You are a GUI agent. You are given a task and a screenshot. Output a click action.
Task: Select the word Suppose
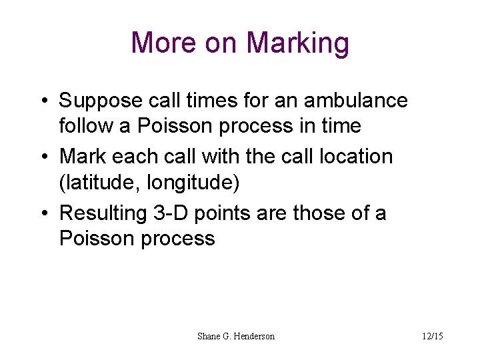click(101, 101)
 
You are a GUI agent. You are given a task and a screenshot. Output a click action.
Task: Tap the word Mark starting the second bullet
click(82, 157)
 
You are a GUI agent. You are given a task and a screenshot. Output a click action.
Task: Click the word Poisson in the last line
click(97, 239)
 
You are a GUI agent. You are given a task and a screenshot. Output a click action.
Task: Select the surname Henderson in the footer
click(252, 337)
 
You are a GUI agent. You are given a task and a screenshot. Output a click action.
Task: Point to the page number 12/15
click(432, 337)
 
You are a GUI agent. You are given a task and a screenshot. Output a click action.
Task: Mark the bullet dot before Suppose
click(43, 101)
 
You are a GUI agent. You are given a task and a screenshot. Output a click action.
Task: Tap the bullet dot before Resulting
click(43, 214)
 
